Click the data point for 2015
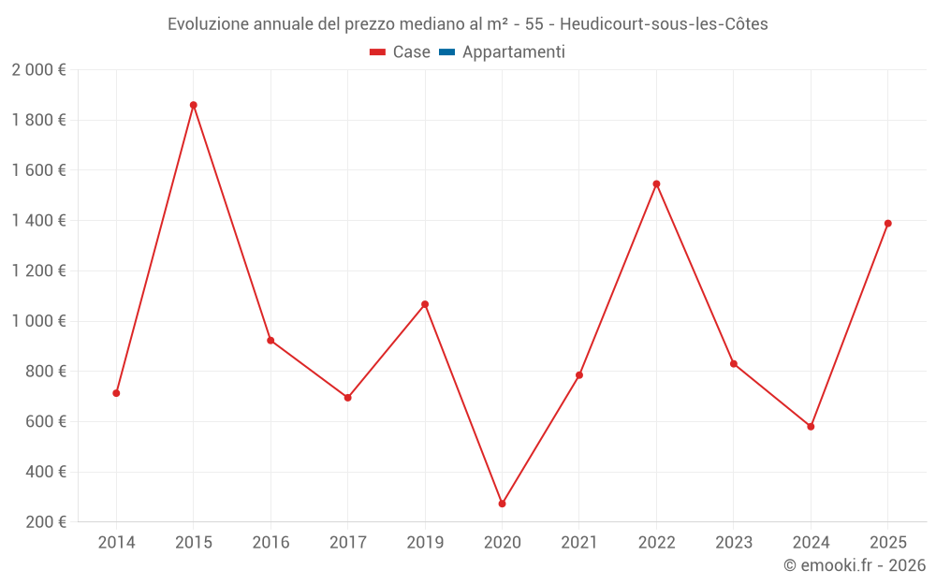(194, 106)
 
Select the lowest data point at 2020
(502, 504)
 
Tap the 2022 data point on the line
(656, 184)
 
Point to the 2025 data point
(887, 224)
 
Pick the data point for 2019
(425, 304)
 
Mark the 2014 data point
(116, 393)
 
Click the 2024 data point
(811, 427)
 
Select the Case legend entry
(400, 52)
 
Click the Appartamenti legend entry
(502, 52)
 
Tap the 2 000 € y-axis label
(38, 70)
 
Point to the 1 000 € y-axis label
(38, 321)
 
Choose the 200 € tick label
(45, 522)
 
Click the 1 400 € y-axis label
(38, 221)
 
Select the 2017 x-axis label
(347, 543)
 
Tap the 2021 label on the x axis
(579, 543)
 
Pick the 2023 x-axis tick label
(734, 543)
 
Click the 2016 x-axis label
(271, 543)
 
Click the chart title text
(468, 24)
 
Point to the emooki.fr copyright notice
(855, 565)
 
